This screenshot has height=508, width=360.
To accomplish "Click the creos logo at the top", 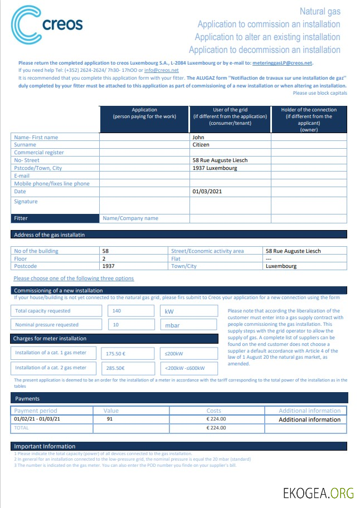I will coord(47,25).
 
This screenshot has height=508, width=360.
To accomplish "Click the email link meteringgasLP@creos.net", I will coord(283,63).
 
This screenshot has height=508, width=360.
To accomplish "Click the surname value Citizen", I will coord(201,145).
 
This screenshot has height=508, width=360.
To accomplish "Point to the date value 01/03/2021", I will coord(207,192).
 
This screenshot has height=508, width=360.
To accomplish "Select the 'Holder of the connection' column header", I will coord(308,119).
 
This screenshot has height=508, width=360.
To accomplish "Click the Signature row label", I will coord(26,202).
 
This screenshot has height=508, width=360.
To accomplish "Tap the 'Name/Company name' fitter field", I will coord(130,218).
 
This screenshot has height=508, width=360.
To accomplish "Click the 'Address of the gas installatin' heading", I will coord(49,235).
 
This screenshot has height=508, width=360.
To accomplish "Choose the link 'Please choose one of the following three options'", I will coord(74,278).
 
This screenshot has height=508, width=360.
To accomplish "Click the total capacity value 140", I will coord(117,311).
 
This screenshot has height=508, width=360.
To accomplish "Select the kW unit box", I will coord(170,311).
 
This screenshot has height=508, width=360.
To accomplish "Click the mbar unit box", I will coord(172,325).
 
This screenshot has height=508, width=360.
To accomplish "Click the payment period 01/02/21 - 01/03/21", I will coord(37,419).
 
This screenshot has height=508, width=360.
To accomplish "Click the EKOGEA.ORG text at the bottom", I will coord(318,492).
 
